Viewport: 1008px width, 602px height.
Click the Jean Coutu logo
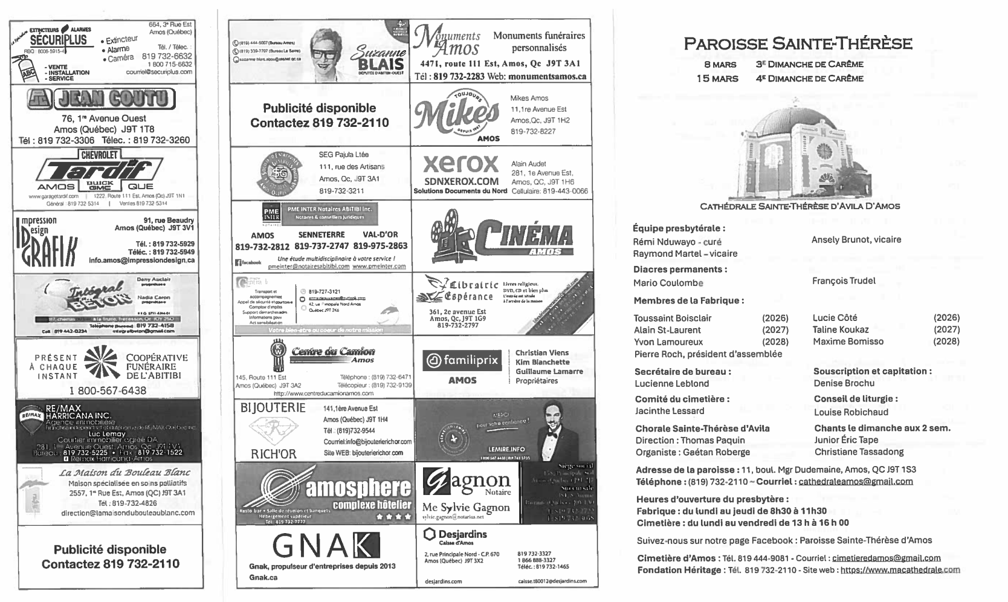[x=101, y=99]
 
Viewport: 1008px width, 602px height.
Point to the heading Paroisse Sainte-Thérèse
[x=798, y=44]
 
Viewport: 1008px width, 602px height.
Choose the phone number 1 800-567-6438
[x=108, y=390]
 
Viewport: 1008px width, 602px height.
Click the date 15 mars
[x=717, y=79]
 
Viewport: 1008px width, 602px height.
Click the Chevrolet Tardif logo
[x=101, y=172]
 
